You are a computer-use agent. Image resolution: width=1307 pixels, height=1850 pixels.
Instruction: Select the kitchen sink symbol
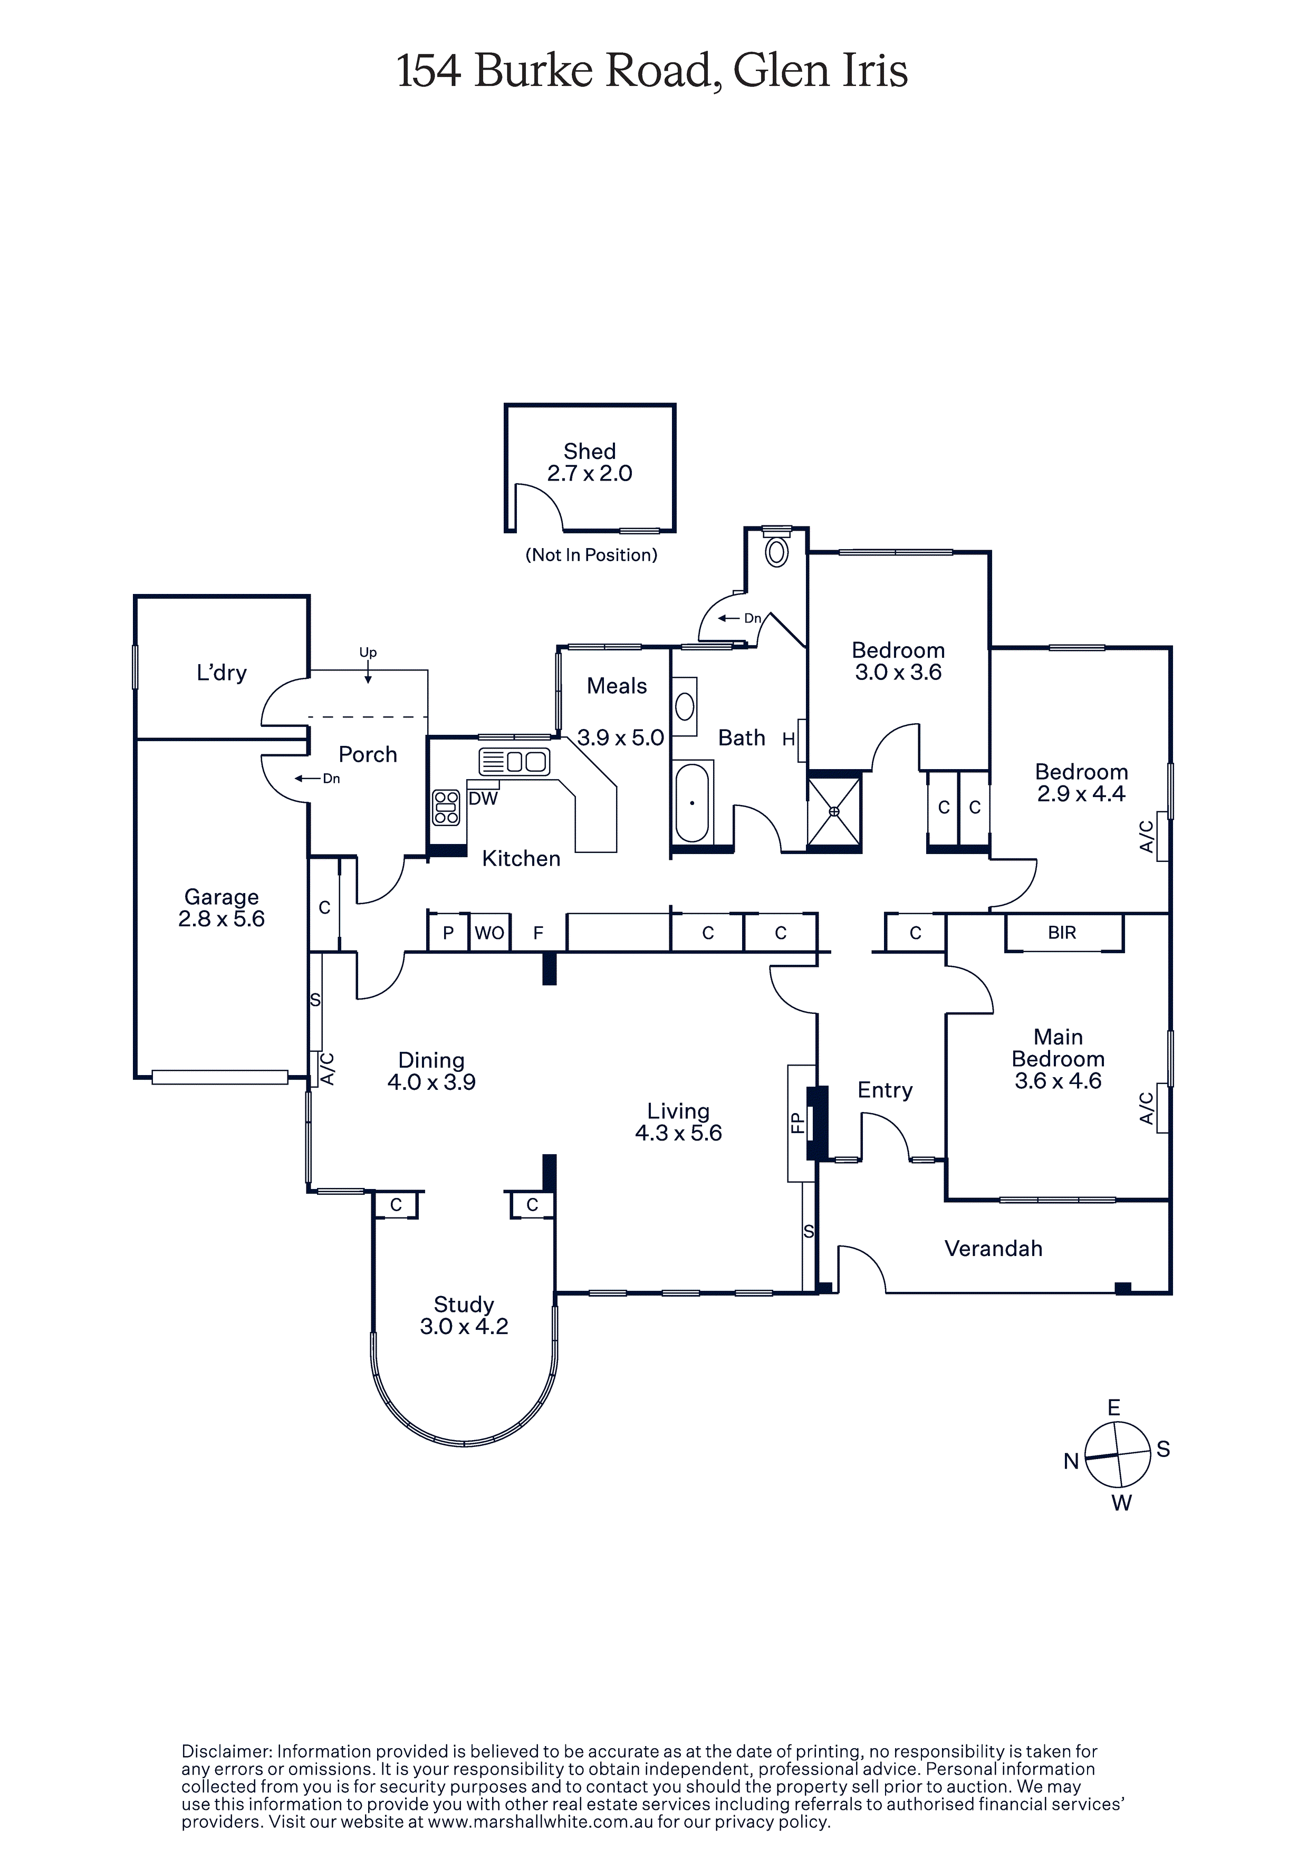pyautogui.click(x=514, y=761)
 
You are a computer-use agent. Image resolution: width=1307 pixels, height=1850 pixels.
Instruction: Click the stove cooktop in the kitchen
pyautogui.click(x=446, y=807)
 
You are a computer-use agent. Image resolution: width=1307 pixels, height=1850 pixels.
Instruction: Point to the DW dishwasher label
pyautogui.click(x=484, y=799)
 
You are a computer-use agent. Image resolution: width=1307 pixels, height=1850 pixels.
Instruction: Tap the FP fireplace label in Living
pyautogui.click(x=797, y=1123)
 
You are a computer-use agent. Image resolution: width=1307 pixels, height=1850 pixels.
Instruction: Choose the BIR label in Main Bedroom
pyautogui.click(x=1062, y=932)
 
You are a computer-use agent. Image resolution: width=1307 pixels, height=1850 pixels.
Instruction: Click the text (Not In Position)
pyautogui.click(x=591, y=554)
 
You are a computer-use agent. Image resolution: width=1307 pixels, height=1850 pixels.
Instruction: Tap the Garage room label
pyautogui.click(x=222, y=897)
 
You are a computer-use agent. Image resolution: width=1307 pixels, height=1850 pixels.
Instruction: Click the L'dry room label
pyautogui.click(x=222, y=673)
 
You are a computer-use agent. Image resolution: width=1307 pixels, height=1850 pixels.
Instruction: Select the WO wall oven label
pyautogui.click(x=489, y=933)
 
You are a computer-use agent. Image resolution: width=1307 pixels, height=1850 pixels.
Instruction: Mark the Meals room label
pyautogui.click(x=617, y=686)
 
